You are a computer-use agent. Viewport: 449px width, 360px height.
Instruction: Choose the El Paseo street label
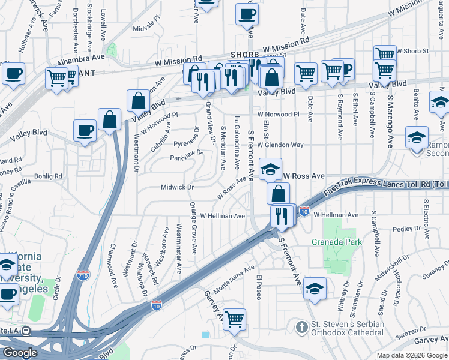pos(259,284)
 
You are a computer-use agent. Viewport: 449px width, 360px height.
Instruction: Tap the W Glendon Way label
pos(280,145)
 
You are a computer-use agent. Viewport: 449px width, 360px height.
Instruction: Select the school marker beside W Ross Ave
pos(271,170)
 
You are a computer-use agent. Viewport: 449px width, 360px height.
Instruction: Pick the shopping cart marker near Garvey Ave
pos(234,319)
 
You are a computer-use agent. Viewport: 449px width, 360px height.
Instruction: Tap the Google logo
pos(20,353)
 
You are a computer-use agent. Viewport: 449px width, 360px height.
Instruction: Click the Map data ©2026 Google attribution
pos(412,355)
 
